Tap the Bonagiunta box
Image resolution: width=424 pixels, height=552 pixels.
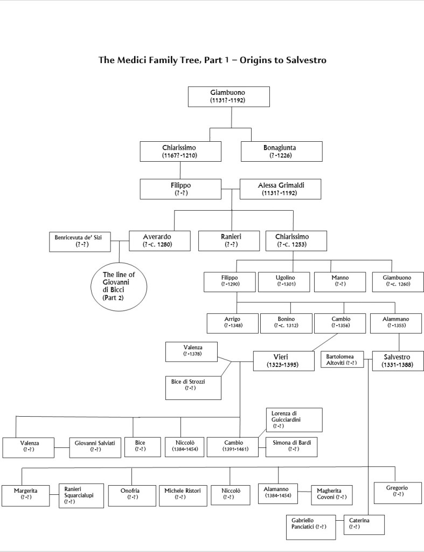pos(281,151)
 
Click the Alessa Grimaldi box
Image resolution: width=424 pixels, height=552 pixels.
pos(280,189)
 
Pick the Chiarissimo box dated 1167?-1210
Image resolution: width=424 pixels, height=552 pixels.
pos(180,151)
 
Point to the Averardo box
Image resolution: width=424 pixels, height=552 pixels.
pos(159,240)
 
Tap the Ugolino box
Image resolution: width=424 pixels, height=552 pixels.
pos(285,281)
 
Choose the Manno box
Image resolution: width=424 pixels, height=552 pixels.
pos(340,281)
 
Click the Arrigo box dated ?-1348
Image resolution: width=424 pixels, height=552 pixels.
pos(232,322)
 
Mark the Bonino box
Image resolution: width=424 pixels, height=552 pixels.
pos(286,322)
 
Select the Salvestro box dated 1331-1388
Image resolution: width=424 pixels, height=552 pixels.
pos(398,361)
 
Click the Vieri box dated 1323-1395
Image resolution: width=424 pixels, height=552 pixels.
pos(283,361)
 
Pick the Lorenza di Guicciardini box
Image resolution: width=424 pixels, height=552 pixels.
pos(294,420)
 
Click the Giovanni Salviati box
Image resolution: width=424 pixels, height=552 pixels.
pos(95,446)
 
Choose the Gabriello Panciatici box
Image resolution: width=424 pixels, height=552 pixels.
pos(310,527)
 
